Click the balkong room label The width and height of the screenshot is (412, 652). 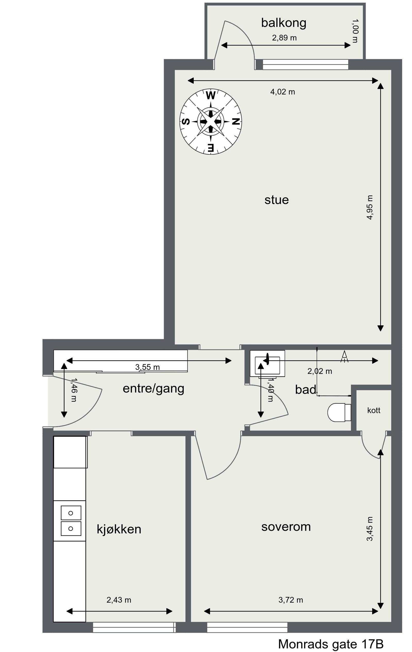(284, 23)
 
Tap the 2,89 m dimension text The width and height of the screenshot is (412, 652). (284, 38)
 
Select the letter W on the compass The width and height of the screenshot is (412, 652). (211, 95)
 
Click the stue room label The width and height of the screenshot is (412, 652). (276, 200)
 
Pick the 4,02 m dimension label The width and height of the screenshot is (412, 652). (282, 92)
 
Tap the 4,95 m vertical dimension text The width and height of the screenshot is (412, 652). (370, 207)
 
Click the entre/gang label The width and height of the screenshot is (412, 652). (153, 388)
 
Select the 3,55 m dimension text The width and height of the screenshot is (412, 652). (147, 367)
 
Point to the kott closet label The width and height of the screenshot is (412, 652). (374, 411)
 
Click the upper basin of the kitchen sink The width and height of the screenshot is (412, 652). (71, 513)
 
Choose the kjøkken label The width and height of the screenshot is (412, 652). (119, 529)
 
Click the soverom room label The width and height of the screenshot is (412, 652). (286, 527)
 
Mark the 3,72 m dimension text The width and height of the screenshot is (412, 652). (290, 600)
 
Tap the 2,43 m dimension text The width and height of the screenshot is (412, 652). (119, 600)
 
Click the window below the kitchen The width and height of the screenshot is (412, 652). (134, 627)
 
